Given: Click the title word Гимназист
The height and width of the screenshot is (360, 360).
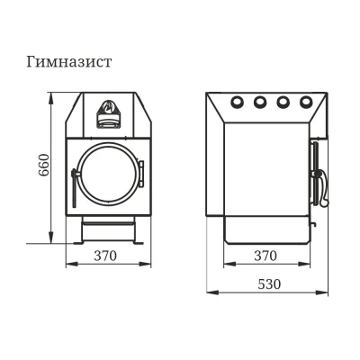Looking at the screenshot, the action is click(69, 62).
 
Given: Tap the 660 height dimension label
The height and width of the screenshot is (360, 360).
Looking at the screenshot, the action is click(44, 165).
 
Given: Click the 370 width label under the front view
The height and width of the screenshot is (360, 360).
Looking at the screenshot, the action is click(105, 256).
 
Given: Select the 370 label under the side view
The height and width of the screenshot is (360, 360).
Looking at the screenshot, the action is click(265, 256).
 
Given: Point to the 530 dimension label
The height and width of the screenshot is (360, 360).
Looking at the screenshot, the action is click(269, 283).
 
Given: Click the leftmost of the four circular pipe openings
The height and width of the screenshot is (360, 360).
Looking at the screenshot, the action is click(237, 102).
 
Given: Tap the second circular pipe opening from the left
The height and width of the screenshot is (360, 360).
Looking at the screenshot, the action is click(260, 102).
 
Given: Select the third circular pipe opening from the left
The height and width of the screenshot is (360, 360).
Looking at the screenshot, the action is click(283, 102).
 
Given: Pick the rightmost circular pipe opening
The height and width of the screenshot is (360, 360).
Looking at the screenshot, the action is click(305, 102).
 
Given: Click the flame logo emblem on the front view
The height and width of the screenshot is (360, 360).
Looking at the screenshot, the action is click(108, 107).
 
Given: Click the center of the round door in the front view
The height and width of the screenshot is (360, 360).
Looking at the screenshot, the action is click(108, 173).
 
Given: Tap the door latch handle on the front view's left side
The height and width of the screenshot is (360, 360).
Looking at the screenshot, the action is click(75, 187).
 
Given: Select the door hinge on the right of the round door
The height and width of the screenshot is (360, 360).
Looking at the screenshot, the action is click(141, 174).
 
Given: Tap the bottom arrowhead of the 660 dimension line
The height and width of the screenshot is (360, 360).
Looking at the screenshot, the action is click(51, 238).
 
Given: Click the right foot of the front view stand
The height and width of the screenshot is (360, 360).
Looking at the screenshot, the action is click(139, 243).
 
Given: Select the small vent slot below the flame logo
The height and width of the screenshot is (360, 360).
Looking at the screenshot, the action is click(108, 122).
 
